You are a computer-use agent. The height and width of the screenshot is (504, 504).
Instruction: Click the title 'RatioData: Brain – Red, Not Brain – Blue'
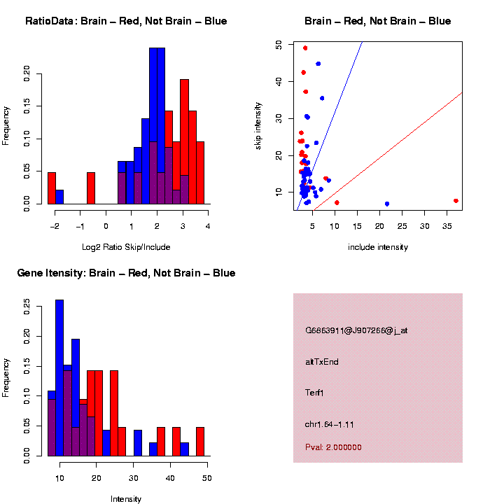[126, 21]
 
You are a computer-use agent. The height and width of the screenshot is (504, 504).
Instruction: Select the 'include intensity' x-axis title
[378, 246]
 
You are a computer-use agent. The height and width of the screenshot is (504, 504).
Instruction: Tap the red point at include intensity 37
[456, 201]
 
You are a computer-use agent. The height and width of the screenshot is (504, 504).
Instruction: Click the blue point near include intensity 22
[387, 204]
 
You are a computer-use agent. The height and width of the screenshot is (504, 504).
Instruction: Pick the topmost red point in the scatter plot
[305, 48]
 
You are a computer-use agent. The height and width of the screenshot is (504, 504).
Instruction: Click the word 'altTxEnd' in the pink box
[322, 362]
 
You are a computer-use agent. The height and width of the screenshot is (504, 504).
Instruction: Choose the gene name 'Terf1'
[315, 393]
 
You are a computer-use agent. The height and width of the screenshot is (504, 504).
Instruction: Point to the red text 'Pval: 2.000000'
[333, 447]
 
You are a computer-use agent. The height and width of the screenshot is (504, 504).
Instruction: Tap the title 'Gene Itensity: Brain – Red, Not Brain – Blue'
[126, 273]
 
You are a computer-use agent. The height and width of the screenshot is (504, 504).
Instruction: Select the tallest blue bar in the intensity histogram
[59, 378]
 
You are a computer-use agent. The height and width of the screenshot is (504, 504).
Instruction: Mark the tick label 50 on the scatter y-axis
[279, 44]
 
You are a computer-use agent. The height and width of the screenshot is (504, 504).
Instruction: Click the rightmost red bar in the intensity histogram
[200, 441]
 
